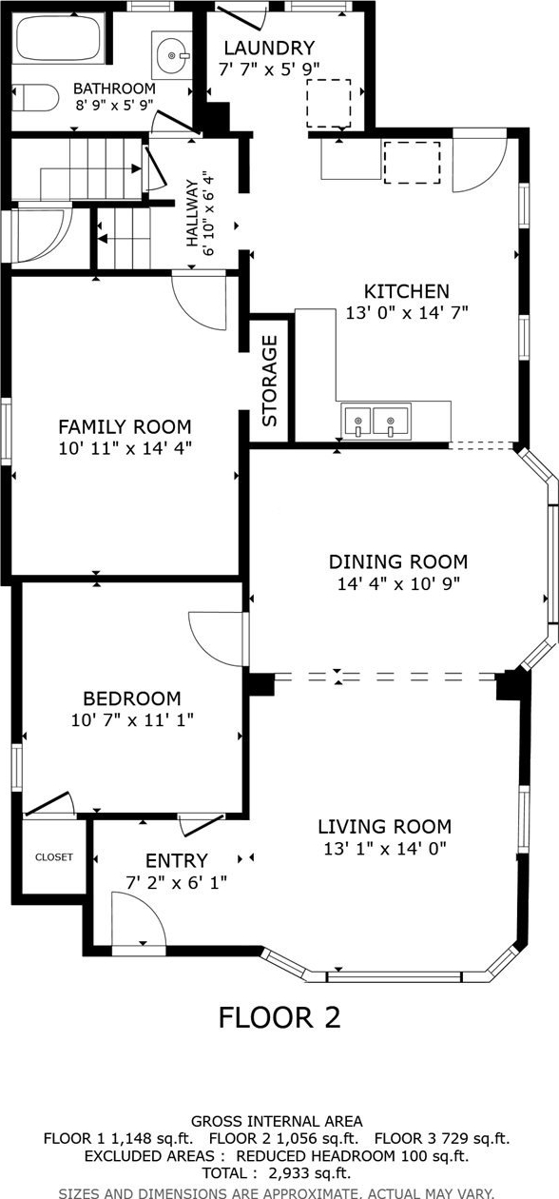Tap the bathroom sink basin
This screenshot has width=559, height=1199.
(173, 55)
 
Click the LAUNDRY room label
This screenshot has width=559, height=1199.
(269, 49)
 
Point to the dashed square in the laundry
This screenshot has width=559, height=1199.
(328, 104)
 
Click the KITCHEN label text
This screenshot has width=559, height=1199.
(407, 291)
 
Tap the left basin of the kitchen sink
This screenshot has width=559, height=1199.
(357, 422)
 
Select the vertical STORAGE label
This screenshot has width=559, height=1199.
(270, 381)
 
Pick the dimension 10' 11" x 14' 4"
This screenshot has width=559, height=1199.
(125, 447)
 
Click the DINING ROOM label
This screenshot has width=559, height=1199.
(398, 561)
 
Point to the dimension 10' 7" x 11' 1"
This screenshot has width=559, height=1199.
(132, 720)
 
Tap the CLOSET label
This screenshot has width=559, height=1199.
(53, 857)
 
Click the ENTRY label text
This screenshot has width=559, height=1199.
(177, 860)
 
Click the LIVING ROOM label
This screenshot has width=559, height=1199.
(385, 826)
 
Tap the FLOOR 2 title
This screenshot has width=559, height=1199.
(279, 1017)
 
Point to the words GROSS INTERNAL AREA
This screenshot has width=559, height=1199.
(277, 1121)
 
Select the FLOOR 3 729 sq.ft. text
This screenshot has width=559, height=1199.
(442, 1138)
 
